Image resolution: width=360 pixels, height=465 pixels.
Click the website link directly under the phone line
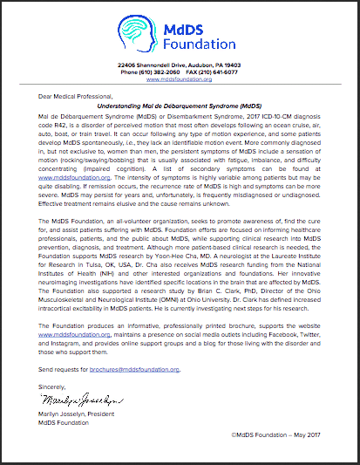[x=179, y=80]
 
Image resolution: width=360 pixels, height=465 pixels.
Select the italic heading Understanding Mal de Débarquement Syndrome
[x=179, y=106]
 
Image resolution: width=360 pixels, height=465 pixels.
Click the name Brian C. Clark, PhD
[x=242, y=305]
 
